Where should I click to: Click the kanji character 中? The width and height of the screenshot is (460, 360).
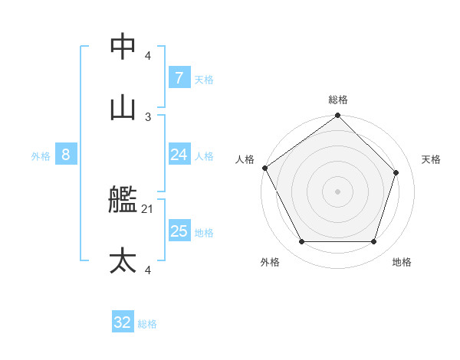[123, 47]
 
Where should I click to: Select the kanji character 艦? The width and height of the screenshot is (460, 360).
[123, 201]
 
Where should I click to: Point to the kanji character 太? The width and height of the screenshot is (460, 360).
[123, 260]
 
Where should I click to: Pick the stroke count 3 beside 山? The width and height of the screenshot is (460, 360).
[148, 116]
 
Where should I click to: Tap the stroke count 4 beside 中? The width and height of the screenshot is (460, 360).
[148, 56]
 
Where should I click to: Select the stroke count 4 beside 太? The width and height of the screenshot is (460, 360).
[148, 270]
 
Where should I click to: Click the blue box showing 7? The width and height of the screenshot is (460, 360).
[179, 77]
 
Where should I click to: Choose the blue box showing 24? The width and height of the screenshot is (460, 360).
[179, 155]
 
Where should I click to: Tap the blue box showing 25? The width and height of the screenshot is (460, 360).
[179, 231]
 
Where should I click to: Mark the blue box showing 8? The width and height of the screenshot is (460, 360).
[65, 155]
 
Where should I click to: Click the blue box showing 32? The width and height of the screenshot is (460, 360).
[123, 322]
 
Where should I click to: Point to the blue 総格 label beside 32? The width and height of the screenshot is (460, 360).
[147, 324]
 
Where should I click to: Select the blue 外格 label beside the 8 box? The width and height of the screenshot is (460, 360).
[41, 156]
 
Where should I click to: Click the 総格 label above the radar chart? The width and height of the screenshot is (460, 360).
[338, 100]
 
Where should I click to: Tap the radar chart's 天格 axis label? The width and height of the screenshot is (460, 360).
[431, 159]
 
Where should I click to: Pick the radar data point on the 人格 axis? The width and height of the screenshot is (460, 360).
[265, 168]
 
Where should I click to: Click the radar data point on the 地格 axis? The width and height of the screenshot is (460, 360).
[374, 242]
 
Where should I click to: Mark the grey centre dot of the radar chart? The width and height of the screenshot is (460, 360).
[338, 191]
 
